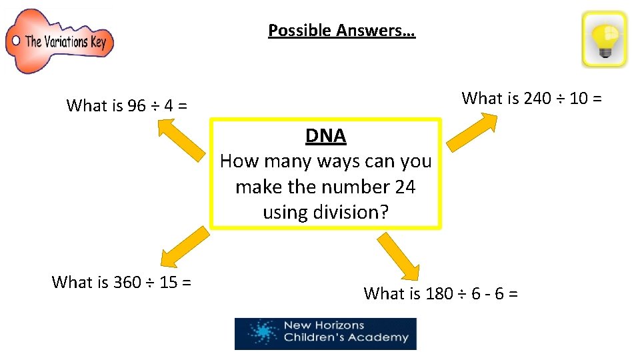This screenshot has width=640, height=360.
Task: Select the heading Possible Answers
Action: click(x=341, y=30)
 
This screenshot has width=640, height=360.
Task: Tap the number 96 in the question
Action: click(x=136, y=105)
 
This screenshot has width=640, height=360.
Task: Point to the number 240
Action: click(x=537, y=99)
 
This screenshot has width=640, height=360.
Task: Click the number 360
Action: click(x=127, y=282)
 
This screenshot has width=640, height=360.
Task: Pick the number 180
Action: click(x=439, y=293)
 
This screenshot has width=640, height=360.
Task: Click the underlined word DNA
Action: click(x=325, y=136)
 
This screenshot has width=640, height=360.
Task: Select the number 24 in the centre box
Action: click(x=405, y=187)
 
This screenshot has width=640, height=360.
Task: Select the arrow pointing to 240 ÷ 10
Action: click(x=472, y=131)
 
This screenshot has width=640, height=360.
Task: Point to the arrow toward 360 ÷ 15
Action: click(x=184, y=247)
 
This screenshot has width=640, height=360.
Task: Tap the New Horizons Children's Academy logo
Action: click(x=325, y=333)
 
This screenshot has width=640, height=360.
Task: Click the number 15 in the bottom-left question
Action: click(x=168, y=282)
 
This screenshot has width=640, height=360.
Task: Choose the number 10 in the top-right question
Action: click(x=578, y=99)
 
